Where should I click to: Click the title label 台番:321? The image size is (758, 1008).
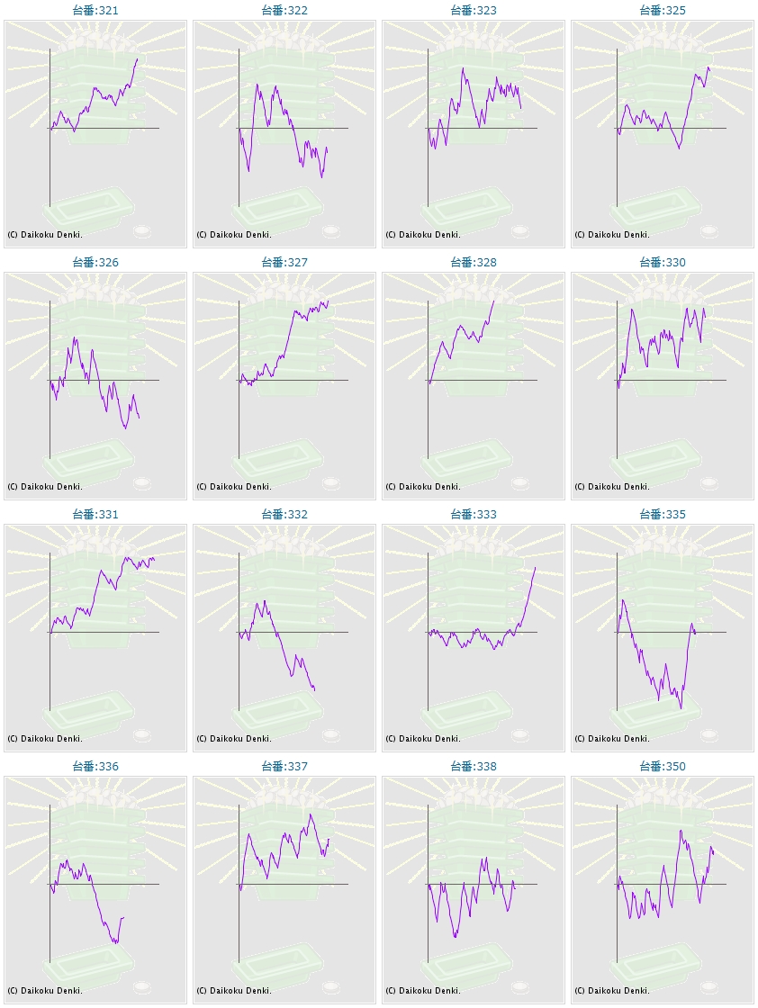coord(95,11)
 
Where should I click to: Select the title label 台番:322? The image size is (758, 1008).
coord(284,11)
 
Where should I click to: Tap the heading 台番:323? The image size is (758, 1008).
coord(473,11)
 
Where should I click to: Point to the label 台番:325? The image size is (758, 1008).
coord(662,11)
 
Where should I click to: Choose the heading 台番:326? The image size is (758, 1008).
coord(95,263)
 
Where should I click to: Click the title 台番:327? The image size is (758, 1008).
coord(284,263)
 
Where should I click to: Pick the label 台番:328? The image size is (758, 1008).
coord(473,263)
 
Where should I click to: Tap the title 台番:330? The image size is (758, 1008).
coord(662,263)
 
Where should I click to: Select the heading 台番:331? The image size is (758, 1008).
coord(95,515)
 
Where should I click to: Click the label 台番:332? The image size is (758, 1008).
coord(284,515)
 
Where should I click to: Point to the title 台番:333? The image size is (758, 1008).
coord(473,515)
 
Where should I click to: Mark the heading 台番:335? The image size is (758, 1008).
coord(662,515)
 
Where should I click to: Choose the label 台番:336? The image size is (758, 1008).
coord(95,767)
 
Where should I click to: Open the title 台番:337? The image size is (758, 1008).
coord(284,767)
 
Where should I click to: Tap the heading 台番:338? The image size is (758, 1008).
coord(473,767)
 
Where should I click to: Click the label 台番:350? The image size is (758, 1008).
coord(662,767)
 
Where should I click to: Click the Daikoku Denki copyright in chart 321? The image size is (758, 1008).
coord(45,235)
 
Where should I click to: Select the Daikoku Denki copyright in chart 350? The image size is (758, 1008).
coord(612,991)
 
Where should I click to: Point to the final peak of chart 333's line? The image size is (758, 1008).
coord(535,567)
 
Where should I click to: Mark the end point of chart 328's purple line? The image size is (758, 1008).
coord(494,301)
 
